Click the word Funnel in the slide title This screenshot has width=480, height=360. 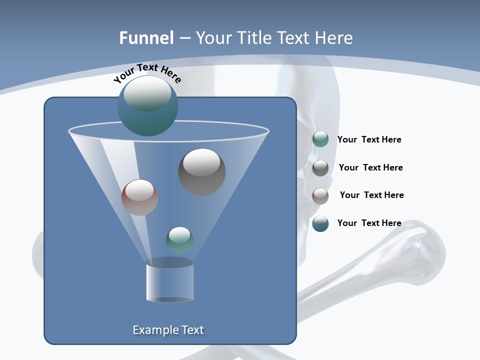(146, 38)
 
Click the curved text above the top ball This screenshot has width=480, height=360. (147, 73)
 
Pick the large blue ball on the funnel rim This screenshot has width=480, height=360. (147, 106)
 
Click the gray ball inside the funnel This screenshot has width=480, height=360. (201, 171)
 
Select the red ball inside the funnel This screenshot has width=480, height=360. (139, 197)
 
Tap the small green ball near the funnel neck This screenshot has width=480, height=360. (179, 240)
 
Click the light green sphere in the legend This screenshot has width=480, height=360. (320, 139)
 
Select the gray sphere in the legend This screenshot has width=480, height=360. (320, 168)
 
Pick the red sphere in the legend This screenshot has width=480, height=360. (320, 195)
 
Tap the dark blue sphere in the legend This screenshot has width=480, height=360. (320, 223)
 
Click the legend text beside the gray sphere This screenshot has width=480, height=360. (370, 167)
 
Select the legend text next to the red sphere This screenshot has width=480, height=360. (371, 195)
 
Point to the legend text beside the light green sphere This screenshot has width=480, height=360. (369, 139)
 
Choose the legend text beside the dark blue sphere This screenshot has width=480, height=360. (369, 223)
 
